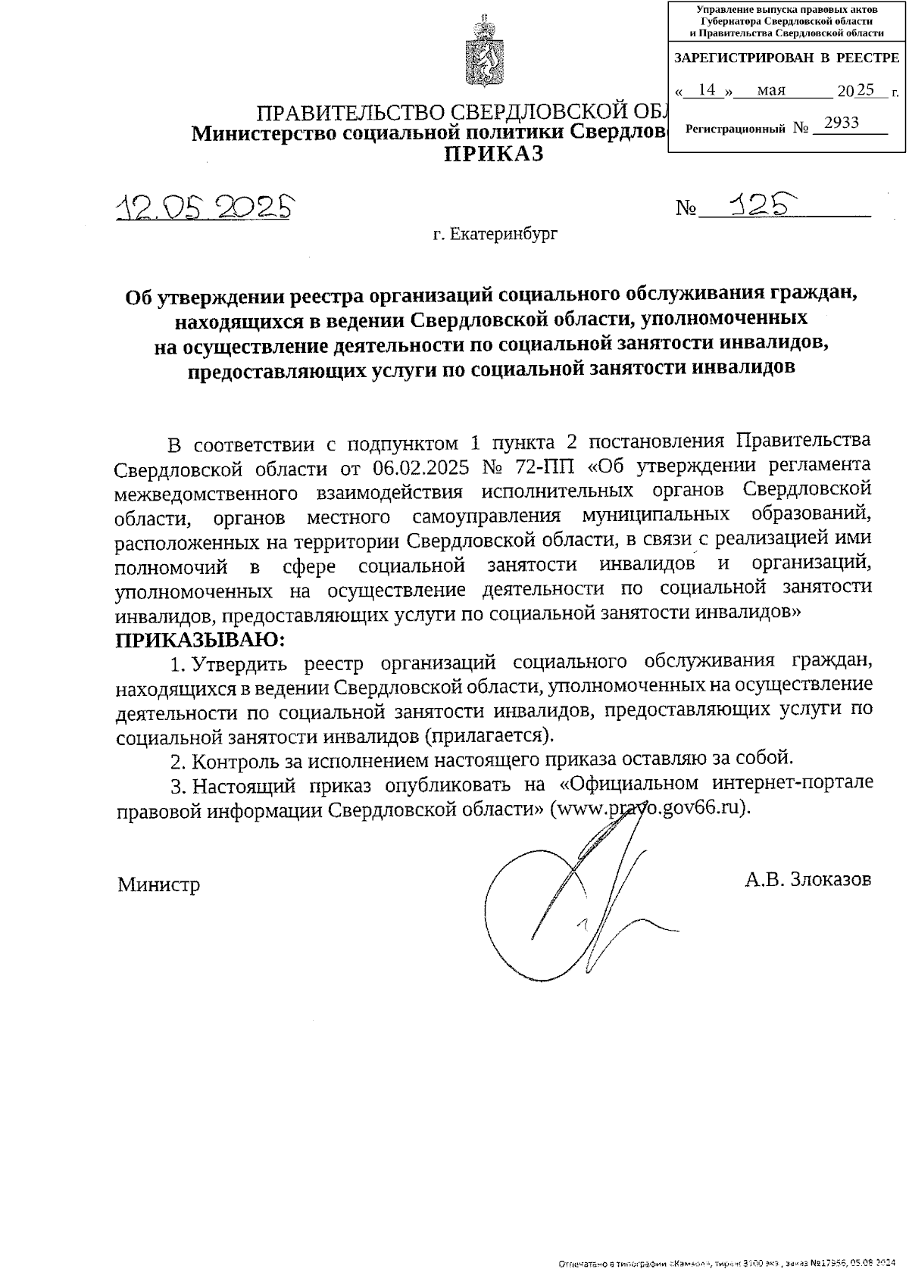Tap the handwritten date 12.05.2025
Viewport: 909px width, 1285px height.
(x=203, y=205)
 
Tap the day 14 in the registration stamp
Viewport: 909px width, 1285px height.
(x=707, y=90)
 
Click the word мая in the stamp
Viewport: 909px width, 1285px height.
(x=771, y=90)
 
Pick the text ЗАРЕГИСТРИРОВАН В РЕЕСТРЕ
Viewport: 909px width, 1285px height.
(x=786, y=58)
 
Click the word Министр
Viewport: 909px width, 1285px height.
(x=158, y=884)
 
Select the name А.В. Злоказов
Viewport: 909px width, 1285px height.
(x=807, y=880)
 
